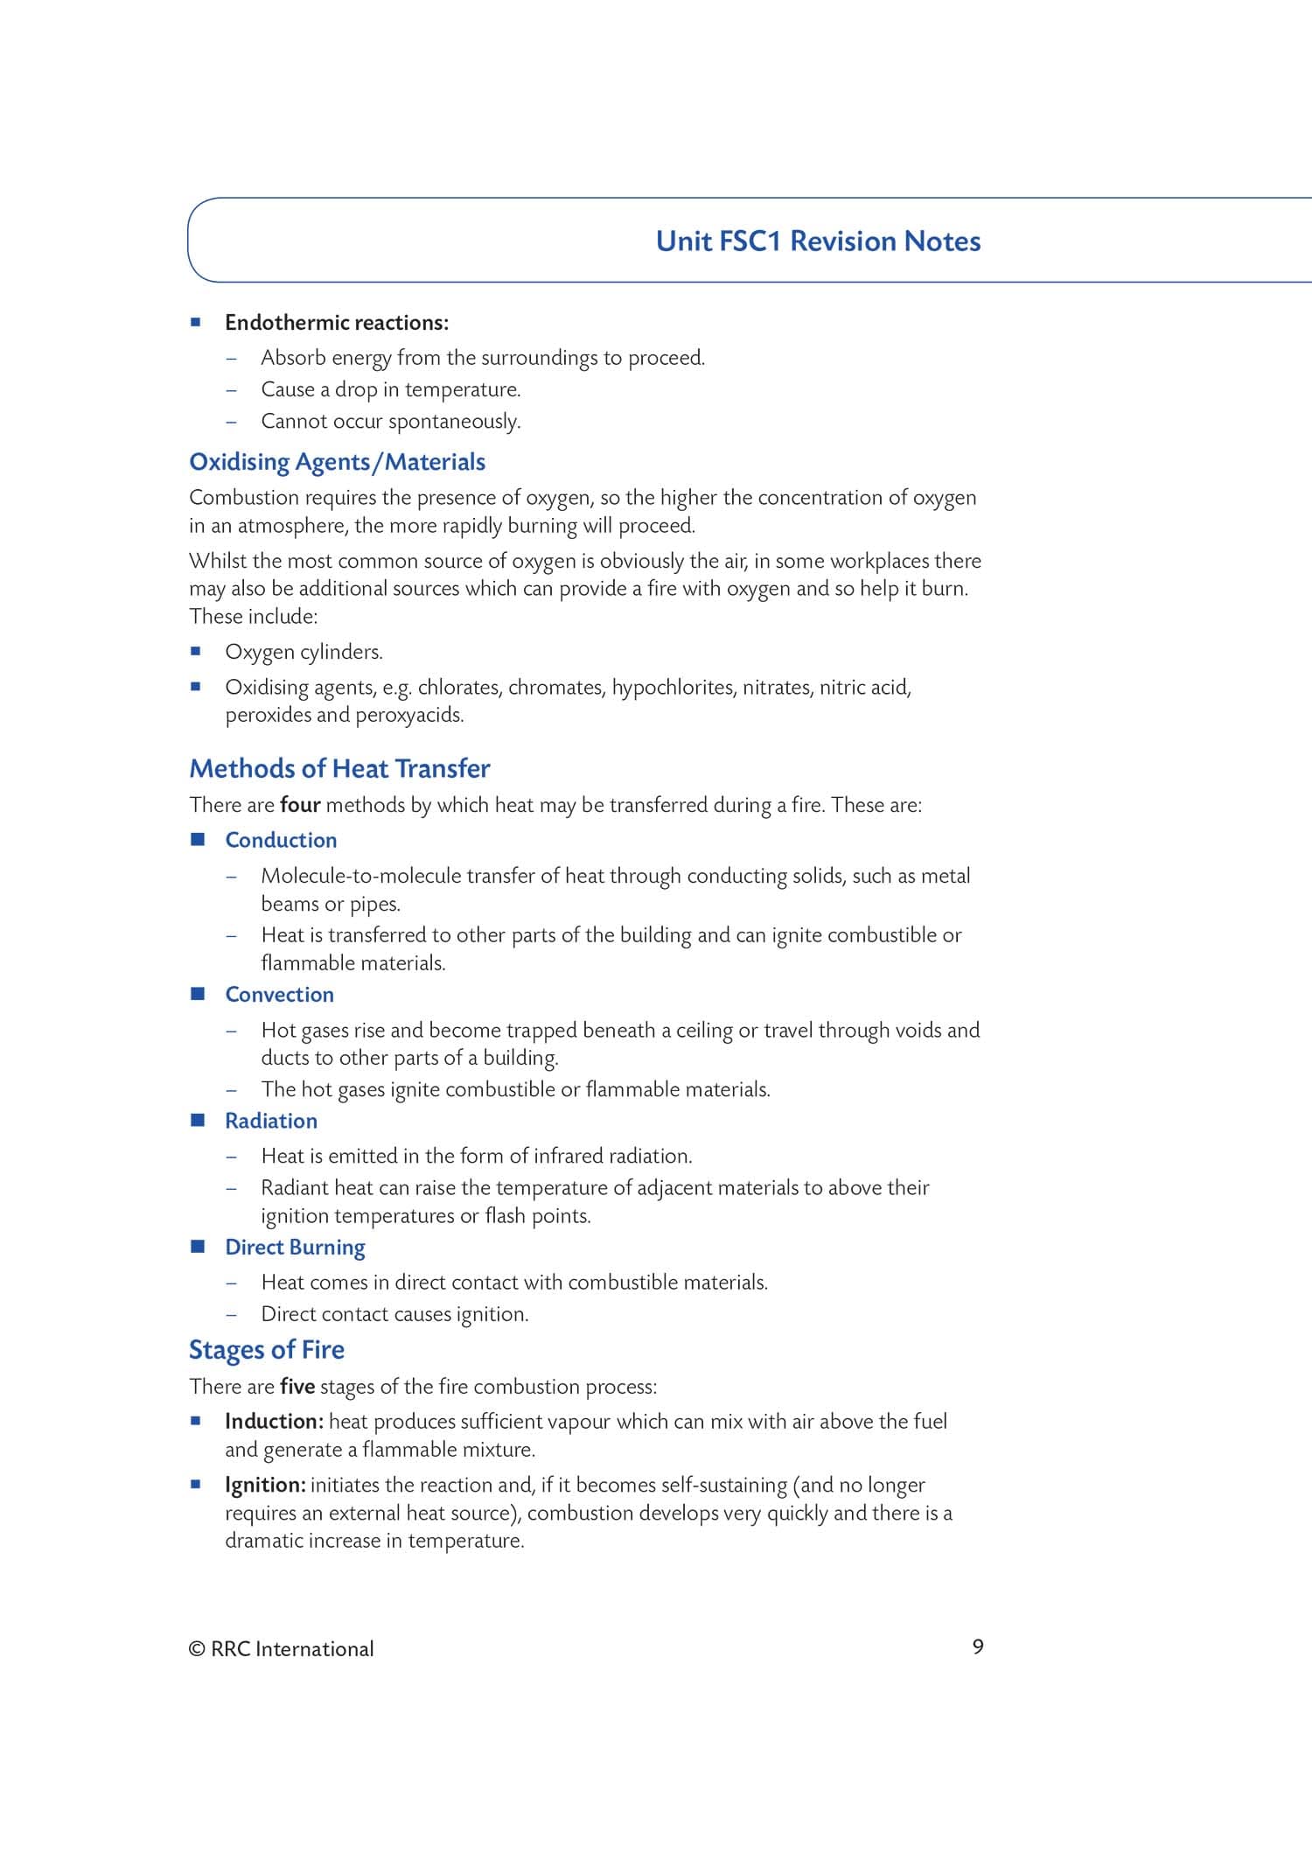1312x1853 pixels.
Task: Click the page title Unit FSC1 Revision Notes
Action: pyautogui.click(x=818, y=241)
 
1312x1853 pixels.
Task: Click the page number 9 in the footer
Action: pyautogui.click(x=978, y=1647)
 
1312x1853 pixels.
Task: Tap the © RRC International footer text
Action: pyautogui.click(x=281, y=1649)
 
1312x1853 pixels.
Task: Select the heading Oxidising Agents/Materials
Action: pyautogui.click(x=337, y=462)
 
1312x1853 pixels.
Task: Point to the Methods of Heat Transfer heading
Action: pyautogui.click(x=339, y=769)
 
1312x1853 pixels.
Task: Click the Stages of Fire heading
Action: pyautogui.click(x=267, y=1350)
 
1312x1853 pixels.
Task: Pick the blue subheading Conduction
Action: pyautogui.click(x=281, y=840)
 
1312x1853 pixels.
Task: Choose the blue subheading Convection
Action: pyautogui.click(x=279, y=995)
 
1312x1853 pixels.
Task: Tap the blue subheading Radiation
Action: pyautogui.click(x=271, y=1121)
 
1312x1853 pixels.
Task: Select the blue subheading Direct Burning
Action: pyautogui.click(x=295, y=1248)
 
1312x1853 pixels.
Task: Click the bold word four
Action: pyautogui.click(x=300, y=805)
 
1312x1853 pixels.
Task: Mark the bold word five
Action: pyautogui.click(x=297, y=1387)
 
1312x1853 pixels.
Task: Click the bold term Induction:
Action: pyautogui.click(x=275, y=1422)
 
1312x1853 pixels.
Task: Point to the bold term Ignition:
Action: pyautogui.click(x=265, y=1485)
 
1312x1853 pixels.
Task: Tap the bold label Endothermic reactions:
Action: pyautogui.click(x=337, y=323)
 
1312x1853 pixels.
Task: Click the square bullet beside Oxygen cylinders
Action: pyautogui.click(x=196, y=651)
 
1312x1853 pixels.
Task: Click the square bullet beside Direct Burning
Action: pyautogui.click(x=198, y=1246)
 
